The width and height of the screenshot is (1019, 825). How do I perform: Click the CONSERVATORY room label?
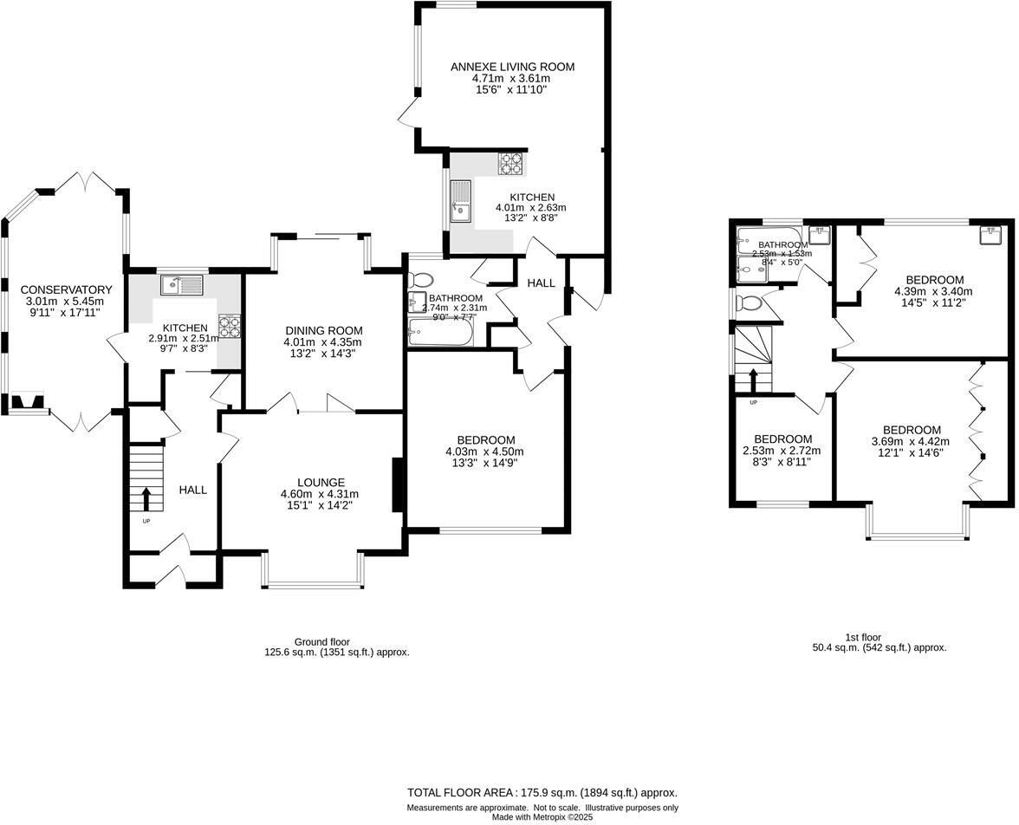(x=67, y=289)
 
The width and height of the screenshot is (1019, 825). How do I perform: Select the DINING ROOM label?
(x=323, y=330)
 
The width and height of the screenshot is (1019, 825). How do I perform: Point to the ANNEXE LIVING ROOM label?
(x=512, y=67)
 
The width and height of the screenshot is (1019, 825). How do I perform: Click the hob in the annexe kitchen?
(x=510, y=164)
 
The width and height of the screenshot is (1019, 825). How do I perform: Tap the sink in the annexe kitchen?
(x=460, y=201)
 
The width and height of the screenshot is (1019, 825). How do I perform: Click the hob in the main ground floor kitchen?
(x=230, y=326)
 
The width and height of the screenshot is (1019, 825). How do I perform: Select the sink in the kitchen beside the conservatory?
(x=181, y=284)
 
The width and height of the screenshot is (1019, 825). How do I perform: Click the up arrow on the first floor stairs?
(x=753, y=380)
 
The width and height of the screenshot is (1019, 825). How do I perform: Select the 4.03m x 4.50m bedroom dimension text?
(x=484, y=451)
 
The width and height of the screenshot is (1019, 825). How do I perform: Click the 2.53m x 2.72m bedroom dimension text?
(x=782, y=451)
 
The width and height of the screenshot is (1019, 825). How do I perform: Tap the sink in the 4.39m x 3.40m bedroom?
(x=992, y=235)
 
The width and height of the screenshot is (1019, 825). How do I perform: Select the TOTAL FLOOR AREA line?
(x=542, y=792)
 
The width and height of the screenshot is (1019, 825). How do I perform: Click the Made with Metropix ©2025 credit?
(x=542, y=817)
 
